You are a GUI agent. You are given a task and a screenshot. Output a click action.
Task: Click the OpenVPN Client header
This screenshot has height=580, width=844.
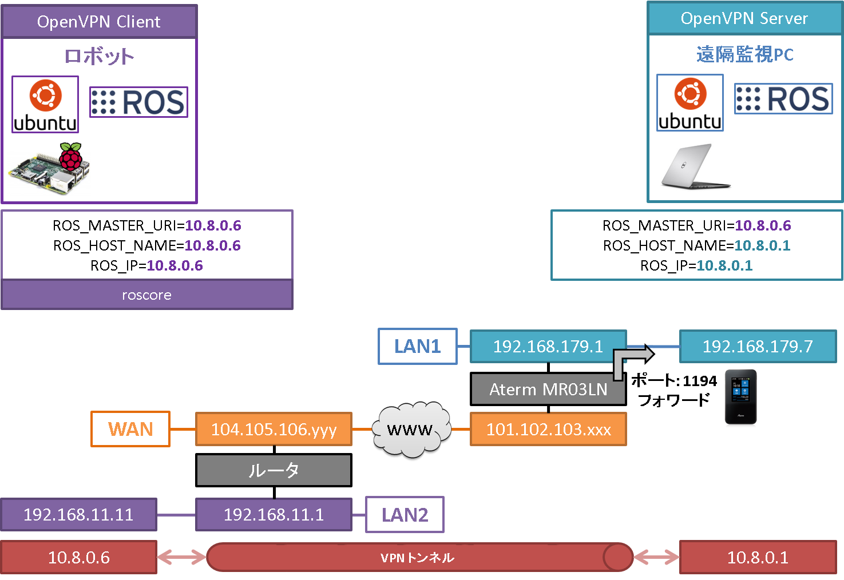[x=99, y=22]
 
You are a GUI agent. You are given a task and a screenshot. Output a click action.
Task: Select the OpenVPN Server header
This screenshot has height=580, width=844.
[x=744, y=18]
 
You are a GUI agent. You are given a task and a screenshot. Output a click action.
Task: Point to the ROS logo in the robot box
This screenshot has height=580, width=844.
[x=138, y=102]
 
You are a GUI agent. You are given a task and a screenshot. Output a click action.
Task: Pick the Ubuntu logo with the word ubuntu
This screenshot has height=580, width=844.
[x=690, y=103]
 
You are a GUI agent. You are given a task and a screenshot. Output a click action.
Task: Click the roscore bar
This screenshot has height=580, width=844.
[x=146, y=295]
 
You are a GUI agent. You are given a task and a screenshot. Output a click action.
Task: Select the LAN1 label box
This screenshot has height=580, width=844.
[x=417, y=346]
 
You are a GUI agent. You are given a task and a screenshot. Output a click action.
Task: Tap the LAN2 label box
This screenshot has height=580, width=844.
[x=405, y=515]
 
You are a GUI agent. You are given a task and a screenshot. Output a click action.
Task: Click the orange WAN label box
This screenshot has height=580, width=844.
[x=130, y=429]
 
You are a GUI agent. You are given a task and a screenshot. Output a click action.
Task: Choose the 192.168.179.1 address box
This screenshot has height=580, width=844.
[x=548, y=346]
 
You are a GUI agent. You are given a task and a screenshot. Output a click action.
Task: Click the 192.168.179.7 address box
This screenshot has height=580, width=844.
[x=757, y=346]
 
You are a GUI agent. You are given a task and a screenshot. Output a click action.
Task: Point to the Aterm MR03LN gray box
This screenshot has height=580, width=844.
[x=548, y=390]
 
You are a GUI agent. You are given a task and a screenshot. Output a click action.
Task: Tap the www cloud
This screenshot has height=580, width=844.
[x=410, y=430]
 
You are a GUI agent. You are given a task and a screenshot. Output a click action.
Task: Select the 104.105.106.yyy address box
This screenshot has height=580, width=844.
[x=274, y=429]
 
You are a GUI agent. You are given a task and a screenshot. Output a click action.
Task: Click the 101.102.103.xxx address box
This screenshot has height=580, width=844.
[x=548, y=429]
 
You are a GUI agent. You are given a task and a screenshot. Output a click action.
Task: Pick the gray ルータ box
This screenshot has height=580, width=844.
[x=274, y=470]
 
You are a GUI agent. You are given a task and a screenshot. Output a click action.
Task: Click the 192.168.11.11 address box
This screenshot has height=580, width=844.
[x=78, y=515]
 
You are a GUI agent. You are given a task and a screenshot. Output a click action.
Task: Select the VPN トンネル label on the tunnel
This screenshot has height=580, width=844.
[x=417, y=558]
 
